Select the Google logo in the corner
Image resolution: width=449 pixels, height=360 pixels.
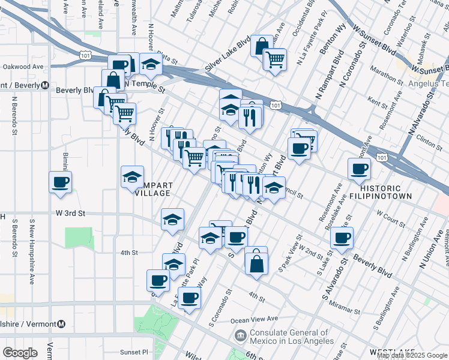click(x=20, y=353)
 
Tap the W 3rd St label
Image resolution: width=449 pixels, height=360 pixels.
click(x=71, y=213)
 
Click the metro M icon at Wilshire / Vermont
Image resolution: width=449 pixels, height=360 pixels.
click(x=61, y=325)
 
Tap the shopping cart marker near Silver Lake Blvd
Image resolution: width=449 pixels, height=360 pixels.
click(x=275, y=59)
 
